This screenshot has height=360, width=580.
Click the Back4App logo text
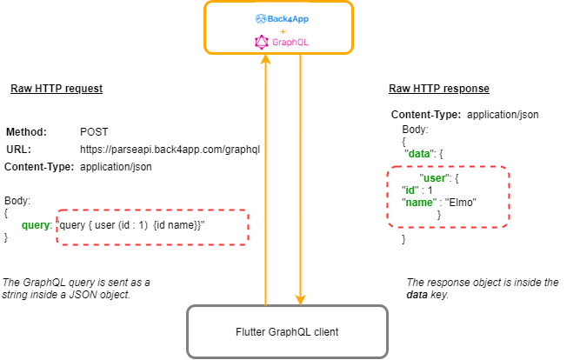[288, 19]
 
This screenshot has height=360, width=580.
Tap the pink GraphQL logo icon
[262, 43]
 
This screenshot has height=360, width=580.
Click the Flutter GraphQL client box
[287, 331]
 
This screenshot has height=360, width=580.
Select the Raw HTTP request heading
[57, 89]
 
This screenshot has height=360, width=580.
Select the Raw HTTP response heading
[439, 89]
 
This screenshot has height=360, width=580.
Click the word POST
[94, 132]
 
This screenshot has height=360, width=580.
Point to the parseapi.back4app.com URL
[170, 150]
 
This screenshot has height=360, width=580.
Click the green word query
[35, 225]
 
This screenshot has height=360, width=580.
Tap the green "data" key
[419, 154]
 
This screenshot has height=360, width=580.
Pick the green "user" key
[434, 178]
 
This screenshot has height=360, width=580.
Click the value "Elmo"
[461, 203]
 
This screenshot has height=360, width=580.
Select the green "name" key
[419, 203]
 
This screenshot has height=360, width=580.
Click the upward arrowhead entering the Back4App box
[265, 59]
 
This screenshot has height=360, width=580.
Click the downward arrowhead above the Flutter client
[300, 299]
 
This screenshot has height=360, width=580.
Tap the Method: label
[27, 132]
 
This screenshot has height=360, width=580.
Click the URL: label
[18, 150]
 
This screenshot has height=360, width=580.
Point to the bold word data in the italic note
[417, 295]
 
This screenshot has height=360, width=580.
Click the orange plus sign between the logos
[283, 31]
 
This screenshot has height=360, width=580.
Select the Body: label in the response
[415, 130]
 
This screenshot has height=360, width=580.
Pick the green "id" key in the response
[410, 190]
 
